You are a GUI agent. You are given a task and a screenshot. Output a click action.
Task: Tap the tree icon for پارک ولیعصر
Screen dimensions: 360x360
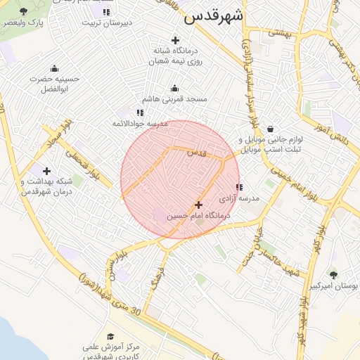(24, 11)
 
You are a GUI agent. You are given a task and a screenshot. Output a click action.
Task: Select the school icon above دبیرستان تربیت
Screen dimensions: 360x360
(106, 12)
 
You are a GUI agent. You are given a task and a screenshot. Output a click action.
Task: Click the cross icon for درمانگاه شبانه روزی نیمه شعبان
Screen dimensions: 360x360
(175, 40)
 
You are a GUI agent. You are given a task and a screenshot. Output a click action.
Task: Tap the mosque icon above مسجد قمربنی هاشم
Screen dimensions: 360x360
(175, 88)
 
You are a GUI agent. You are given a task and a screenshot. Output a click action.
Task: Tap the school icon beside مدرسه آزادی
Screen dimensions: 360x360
(240, 188)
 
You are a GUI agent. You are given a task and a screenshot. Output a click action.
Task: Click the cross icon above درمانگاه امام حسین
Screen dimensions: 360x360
(198, 205)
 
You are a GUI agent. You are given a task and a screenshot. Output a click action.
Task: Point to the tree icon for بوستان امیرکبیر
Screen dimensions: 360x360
(333, 275)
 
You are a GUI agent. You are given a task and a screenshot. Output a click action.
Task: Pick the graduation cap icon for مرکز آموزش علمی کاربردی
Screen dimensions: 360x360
(110, 337)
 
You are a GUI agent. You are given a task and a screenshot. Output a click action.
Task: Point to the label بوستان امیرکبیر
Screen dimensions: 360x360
(335, 286)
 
